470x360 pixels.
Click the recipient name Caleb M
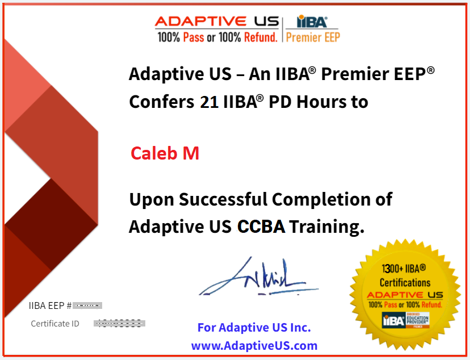click(165, 153)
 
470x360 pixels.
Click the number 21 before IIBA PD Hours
click(209, 102)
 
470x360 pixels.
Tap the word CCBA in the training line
click(262, 227)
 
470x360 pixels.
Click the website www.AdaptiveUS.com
click(254, 345)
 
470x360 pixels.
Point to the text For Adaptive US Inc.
click(254, 328)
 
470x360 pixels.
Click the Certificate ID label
click(55, 324)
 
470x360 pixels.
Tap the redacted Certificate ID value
click(119, 324)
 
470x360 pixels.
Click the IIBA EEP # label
click(50, 305)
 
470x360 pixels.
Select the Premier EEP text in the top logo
click(313, 37)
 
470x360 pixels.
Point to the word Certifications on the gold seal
click(405, 282)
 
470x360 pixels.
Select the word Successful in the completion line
click(224, 200)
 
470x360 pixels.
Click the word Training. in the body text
click(326, 227)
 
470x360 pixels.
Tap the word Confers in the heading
click(161, 102)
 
